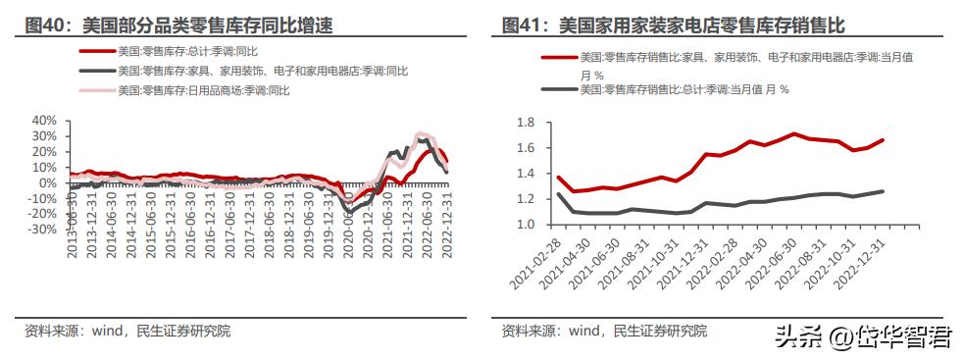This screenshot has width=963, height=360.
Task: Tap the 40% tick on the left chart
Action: (x=45, y=121)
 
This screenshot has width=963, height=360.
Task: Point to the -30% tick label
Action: (x=43, y=230)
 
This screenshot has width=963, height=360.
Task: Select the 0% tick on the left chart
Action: (x=49, y=183)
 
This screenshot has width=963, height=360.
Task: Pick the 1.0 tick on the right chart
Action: (x=524, y=225)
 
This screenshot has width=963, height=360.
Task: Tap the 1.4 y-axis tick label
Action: (x=524, y=174)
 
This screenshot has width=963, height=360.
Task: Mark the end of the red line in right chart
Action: (x=883, y=140)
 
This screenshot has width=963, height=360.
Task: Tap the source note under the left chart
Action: (x=127, y=331)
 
